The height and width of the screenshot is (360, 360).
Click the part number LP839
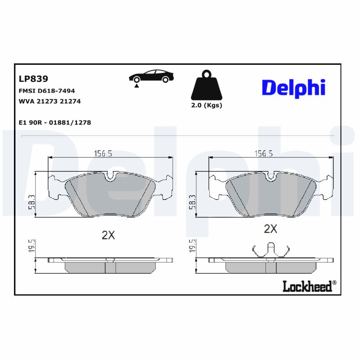click(x=33, y=79)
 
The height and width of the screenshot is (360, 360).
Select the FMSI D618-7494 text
click(x=47, y=91)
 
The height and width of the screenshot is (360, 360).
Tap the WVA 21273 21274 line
click(x=49, y=101)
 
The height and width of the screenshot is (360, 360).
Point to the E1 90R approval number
click(x=55, y=122)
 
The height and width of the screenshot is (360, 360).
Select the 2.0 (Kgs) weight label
click(x=207, y=105)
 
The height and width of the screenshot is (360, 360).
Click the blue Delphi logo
click(x=293, y=87)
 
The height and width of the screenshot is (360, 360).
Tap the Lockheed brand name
click(x=307, y=286)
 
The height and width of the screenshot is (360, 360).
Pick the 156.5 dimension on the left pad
click(x=103, y=153)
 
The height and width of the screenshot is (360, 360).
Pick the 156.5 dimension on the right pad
click(x=265, y=153)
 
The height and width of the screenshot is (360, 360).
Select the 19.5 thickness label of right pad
click(x=192, y=247)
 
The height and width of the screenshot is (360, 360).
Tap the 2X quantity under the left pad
click(x=108, y=234)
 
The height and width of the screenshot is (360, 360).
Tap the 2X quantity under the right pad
click(x=270, y=229)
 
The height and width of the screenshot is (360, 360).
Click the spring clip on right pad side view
click(x=270, y=250)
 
